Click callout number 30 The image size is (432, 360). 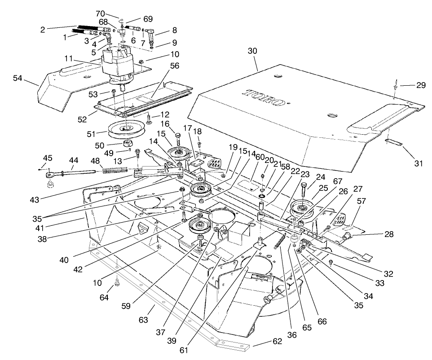pos(252,52)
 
